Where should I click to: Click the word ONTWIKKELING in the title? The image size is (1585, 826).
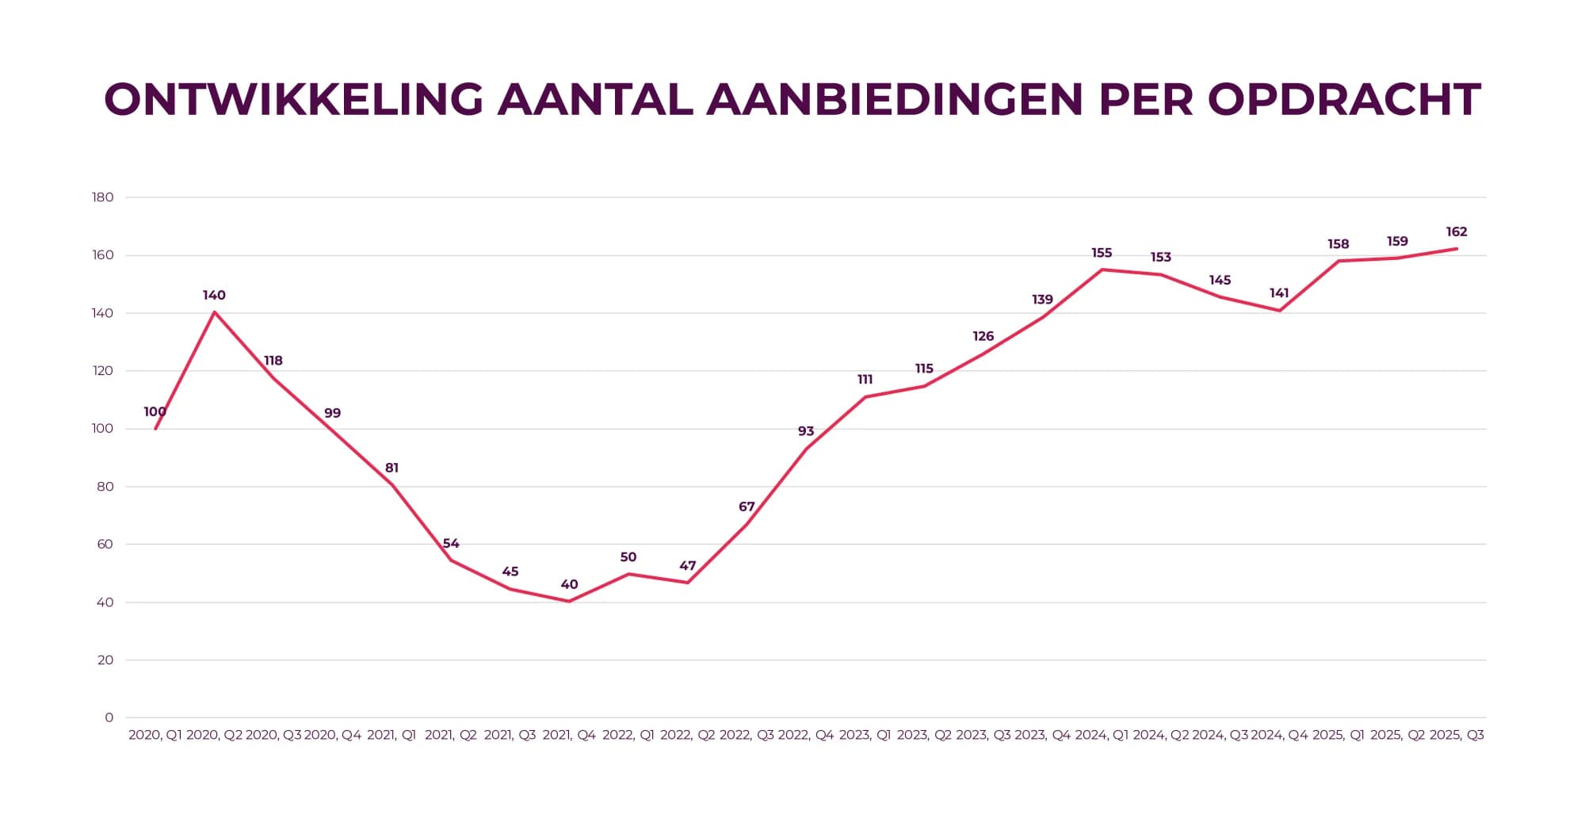(x=293, y=100)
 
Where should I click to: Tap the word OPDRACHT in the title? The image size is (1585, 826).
(x=1344, y=100)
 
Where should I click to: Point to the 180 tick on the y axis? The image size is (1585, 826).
(x=103, y=197)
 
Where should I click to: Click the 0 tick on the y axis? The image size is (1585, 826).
(x=109, y=717)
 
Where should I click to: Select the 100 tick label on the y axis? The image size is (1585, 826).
(x=103, y=429)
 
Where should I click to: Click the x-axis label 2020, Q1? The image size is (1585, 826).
(x=155, y=735)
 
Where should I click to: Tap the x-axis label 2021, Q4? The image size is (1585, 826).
(x=569, y=735)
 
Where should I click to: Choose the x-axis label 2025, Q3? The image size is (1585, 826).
(x=1457, y=735)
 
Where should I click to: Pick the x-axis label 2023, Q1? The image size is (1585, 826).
(x=865, y=735)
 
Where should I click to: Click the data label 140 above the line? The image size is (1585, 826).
(x=214, y=296)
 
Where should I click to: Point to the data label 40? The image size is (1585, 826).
(x=569, y=585)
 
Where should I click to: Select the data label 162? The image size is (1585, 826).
(x=1457, y=232)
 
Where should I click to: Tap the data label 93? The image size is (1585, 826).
(x=806, y=431)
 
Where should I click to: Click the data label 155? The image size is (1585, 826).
(x=1102, y=253)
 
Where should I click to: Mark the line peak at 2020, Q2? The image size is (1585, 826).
(x=214, y=312)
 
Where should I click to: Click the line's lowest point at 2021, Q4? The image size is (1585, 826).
(x=569, y=602)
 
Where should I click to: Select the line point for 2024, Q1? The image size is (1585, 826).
(x=1102, y=270)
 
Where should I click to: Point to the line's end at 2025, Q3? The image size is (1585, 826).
(x=1457, y=249)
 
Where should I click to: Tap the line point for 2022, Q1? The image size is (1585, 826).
(x=628, y=574)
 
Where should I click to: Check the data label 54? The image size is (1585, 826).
(x=451, y=544)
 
